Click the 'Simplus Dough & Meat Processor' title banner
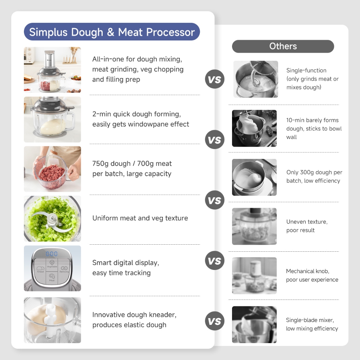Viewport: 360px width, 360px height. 112,32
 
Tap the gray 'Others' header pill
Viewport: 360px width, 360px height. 283,46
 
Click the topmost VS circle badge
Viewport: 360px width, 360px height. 215,79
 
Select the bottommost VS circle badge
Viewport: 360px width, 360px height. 215,321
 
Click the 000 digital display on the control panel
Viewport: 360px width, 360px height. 52,254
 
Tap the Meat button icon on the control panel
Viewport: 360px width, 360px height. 52,277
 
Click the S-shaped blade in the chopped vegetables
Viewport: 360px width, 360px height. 52,220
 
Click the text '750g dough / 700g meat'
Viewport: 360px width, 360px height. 132,163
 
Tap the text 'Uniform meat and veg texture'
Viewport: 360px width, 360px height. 140,218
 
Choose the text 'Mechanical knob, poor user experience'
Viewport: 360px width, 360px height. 312,275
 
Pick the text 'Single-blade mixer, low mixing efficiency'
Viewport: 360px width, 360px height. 312,324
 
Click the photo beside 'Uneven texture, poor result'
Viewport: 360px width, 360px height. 254,226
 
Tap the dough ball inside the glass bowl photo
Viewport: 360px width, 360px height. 53,127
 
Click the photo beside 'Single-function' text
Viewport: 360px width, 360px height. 256,79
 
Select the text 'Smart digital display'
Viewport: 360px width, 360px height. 126,263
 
